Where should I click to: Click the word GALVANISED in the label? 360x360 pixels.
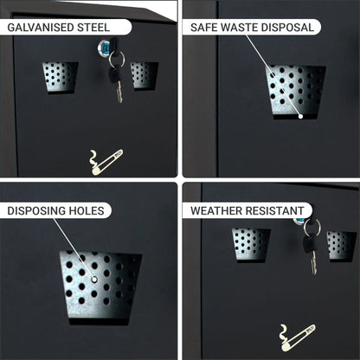[41, 28]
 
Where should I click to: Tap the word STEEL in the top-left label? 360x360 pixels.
[93, 28]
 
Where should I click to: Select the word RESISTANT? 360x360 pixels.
[274, 211]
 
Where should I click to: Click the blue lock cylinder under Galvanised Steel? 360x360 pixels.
[105, 46]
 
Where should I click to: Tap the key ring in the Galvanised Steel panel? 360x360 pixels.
[117, 58]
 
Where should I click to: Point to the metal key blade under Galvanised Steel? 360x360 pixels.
[119, 92]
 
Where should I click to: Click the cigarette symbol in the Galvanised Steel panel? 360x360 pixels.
[106, 163]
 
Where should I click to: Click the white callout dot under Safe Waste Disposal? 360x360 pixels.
[300, 116]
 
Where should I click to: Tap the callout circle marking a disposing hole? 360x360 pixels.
[94, 279]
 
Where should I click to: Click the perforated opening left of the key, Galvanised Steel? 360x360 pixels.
[61, 78]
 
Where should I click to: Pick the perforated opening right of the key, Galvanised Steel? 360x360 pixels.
[144, 76]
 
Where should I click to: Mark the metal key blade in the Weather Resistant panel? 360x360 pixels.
[313, 262]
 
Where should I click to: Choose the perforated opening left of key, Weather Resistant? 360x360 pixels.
[251, 245]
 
